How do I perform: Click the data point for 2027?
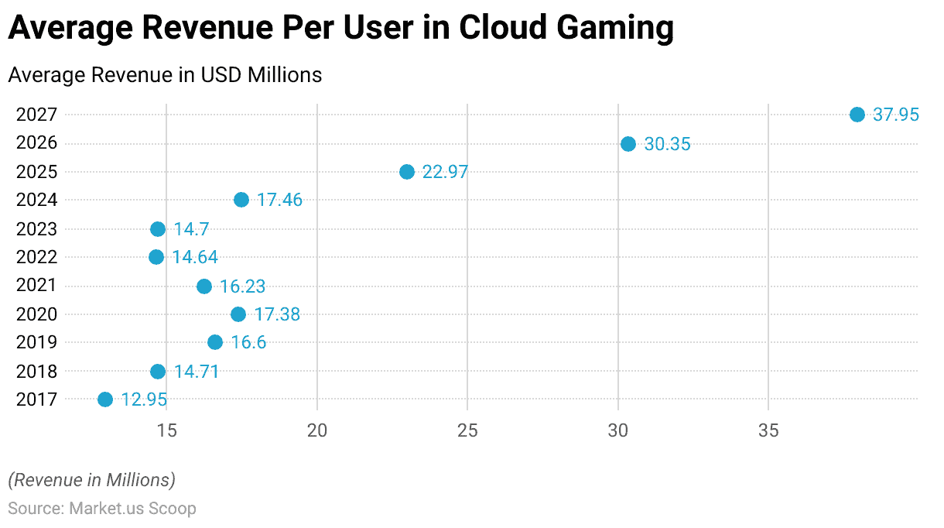coord(857,115)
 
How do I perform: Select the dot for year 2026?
coord(628,144)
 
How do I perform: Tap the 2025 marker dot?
coord(407,172)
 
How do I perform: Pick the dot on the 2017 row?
coord(105,399)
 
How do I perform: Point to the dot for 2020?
coord(238,314)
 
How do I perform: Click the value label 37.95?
coord(896,115)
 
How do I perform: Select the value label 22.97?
coord(445,172)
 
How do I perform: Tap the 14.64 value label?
coord(195,257)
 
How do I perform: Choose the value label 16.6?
coord(248,342)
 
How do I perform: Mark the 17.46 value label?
coord(279,200)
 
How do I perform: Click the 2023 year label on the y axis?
coord(36,229)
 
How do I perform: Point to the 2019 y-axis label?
coord(36,342)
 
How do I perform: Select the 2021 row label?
coord(36,286)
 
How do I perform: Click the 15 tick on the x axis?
coord(166,430)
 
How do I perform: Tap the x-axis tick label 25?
coord(467,430)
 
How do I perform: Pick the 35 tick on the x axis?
coord(768,430)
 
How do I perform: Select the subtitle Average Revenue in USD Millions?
coord(165,75)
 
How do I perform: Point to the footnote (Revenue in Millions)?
coord(92,480)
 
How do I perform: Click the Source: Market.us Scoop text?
coord(102,509)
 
